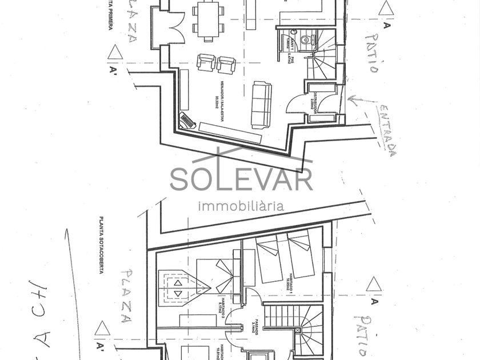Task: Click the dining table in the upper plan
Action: tap(208, 18)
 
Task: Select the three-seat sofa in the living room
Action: tap(261, 105)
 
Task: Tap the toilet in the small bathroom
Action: tap(307, 40)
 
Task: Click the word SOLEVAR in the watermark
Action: tap(241, 179)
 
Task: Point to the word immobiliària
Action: tap(241, 206)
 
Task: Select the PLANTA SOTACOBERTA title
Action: tap(101, 245)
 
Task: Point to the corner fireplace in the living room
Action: tap(187, 121)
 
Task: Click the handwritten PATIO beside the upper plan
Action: tap(371, 53)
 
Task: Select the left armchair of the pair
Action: tap(206, 62)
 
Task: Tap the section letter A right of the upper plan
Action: tap(387, 25)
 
